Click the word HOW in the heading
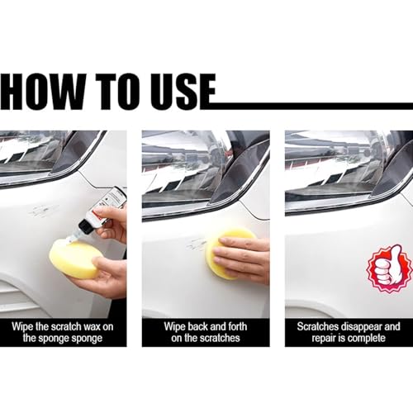click(43, 92)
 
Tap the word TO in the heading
click(117, 92)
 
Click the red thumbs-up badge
click(390, 268)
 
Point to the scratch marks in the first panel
click(43, 211)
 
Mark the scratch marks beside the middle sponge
click(196, 244)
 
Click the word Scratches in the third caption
click(318, 326)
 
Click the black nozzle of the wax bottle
click(84, 226)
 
